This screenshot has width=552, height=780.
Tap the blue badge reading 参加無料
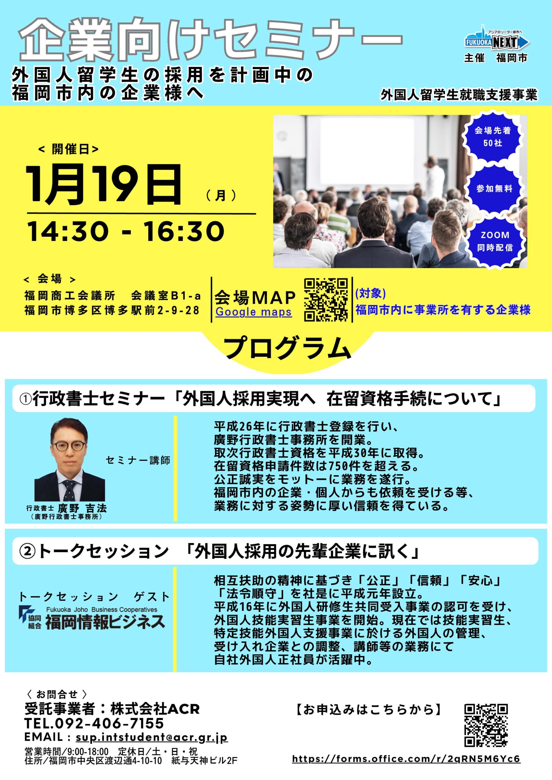coord(494,189)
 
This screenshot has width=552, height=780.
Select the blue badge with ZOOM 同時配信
coord(495,241)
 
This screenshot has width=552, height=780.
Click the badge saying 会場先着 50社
coord(493,136)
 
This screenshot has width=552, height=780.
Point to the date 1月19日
coord(104,184)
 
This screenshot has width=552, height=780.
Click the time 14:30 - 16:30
coord(126,231)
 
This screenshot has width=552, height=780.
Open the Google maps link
coord(254,312)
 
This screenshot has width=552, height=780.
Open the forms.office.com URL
coord(407,759)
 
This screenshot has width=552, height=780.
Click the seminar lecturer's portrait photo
coord(70,459)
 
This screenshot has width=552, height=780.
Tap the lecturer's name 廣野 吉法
coord(82,508)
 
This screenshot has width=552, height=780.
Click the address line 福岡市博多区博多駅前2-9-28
coord(112,310)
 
